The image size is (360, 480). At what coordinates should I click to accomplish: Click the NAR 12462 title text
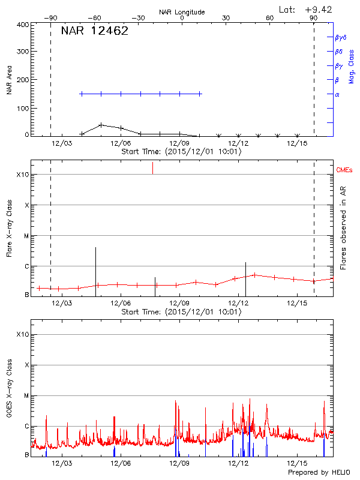coord(95,31)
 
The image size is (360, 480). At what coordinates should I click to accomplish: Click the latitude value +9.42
coord(319,9)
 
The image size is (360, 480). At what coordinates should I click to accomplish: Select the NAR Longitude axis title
coord(182,12)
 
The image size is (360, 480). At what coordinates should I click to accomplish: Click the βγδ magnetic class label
coord(341,37)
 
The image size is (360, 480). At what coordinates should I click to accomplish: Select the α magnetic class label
coord(337,94)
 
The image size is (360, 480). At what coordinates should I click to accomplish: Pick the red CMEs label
coord(345,170)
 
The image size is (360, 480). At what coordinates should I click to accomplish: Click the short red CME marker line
coord(152,168)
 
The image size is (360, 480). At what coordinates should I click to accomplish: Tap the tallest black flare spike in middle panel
coord(95,270)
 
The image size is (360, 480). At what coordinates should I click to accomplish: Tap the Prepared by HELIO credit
coord(319,473)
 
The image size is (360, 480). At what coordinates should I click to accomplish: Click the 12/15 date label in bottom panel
coord(298,464)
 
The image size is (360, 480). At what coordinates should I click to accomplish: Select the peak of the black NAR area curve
coord(101,125)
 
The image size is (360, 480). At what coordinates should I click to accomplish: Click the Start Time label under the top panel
coord(181,152)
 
